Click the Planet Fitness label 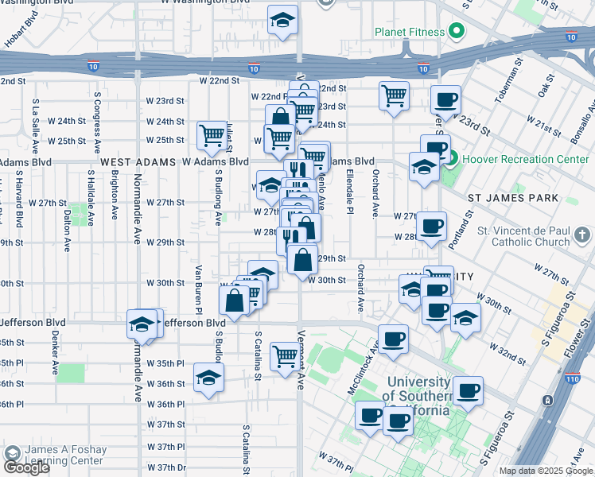(409, 33)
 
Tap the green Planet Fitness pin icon (456, 33)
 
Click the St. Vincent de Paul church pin (584, 235)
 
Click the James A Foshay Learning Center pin (12, 454)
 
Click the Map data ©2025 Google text (546, 471)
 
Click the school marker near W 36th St (208, 378)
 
